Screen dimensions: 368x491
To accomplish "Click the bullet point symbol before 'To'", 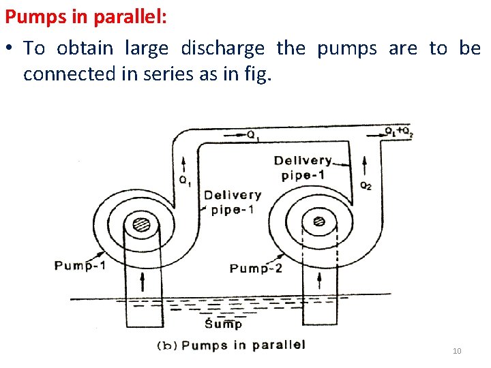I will click(x=10, y=49).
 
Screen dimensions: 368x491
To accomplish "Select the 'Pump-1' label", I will click(x=80, y=265).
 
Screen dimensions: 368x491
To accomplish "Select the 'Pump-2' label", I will click(x=256, y=268).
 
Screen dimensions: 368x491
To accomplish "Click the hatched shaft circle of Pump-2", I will click(x=318, y=221).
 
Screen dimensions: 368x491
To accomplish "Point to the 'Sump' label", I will click(x=224, y=322).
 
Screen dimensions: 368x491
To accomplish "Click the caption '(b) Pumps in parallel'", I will click(x=231, y=345).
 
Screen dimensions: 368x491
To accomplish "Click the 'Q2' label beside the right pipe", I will click(x=366, y=185).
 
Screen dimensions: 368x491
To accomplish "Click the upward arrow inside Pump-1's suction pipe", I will click(x=142, y=279).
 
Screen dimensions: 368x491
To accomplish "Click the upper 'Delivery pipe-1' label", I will click(x=303, y=168).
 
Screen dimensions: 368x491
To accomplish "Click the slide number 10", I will click(x=457, y=351).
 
